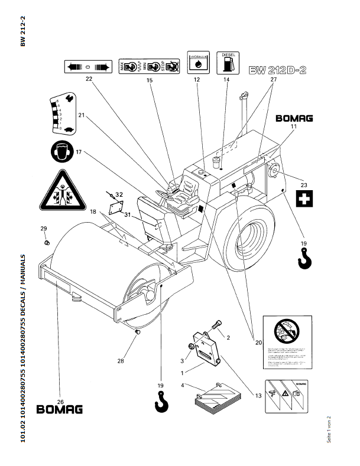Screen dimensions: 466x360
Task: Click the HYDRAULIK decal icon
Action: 197,61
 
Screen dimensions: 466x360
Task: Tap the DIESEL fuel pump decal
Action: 228,61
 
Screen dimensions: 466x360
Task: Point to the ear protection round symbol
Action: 62,152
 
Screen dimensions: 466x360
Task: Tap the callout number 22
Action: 89,79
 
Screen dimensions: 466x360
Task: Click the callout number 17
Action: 78,152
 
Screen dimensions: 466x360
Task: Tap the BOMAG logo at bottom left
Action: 60,409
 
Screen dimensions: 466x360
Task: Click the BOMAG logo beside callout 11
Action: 294,118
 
